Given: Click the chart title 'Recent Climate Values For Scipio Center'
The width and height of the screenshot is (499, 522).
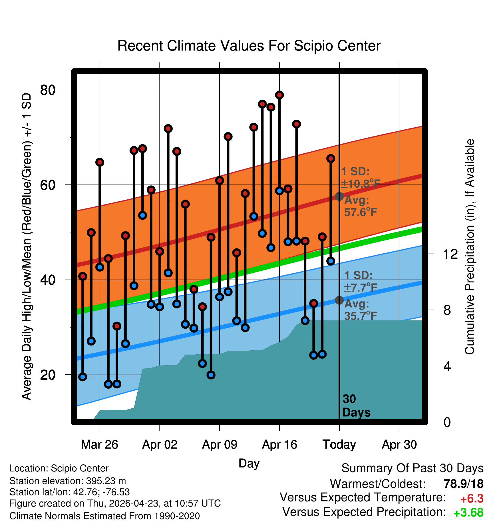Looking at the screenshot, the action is pyautogui.click(x=249, y=46).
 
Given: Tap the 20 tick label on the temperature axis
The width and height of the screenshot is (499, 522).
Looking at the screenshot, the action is pyautogui.click(x=48, y=375).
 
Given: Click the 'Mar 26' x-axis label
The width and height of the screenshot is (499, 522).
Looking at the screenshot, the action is pyautogui.click(x=100, y=445).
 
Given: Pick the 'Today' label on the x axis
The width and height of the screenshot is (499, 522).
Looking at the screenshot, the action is pyautogui.click(x=339, y=445).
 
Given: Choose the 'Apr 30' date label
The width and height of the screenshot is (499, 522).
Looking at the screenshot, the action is pyautogui.click(x=399, y=445).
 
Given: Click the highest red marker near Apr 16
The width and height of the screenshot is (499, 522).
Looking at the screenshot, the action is pyautogui.click(x=279, y=95).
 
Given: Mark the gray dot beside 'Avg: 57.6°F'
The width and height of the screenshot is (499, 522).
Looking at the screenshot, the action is pyautogui.click(x=339, y=196).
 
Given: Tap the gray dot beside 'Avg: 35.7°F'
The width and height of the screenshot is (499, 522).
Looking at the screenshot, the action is pyautogui.click(x=339, y=300).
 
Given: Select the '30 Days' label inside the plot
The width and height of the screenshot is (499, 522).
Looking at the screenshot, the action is pyautogui.click(x=356, y=406).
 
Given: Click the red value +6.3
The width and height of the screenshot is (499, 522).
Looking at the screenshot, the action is pyautogui.click(x=472, y=499).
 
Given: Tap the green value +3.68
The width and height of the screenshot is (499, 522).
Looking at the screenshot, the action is pyautogui.click(x=468, y=513).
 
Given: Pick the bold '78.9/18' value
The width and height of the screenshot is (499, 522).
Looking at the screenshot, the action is pyautogui.click(x=464, y=484).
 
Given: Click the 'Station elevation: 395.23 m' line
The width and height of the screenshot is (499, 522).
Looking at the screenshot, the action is pyautogui.click(x=68, y=481).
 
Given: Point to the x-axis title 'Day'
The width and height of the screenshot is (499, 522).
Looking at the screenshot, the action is pyautogui.click(x=249, y=463).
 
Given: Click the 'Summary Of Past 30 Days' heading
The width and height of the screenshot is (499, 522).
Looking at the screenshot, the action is pyautogui.click(x=413, y=468).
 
